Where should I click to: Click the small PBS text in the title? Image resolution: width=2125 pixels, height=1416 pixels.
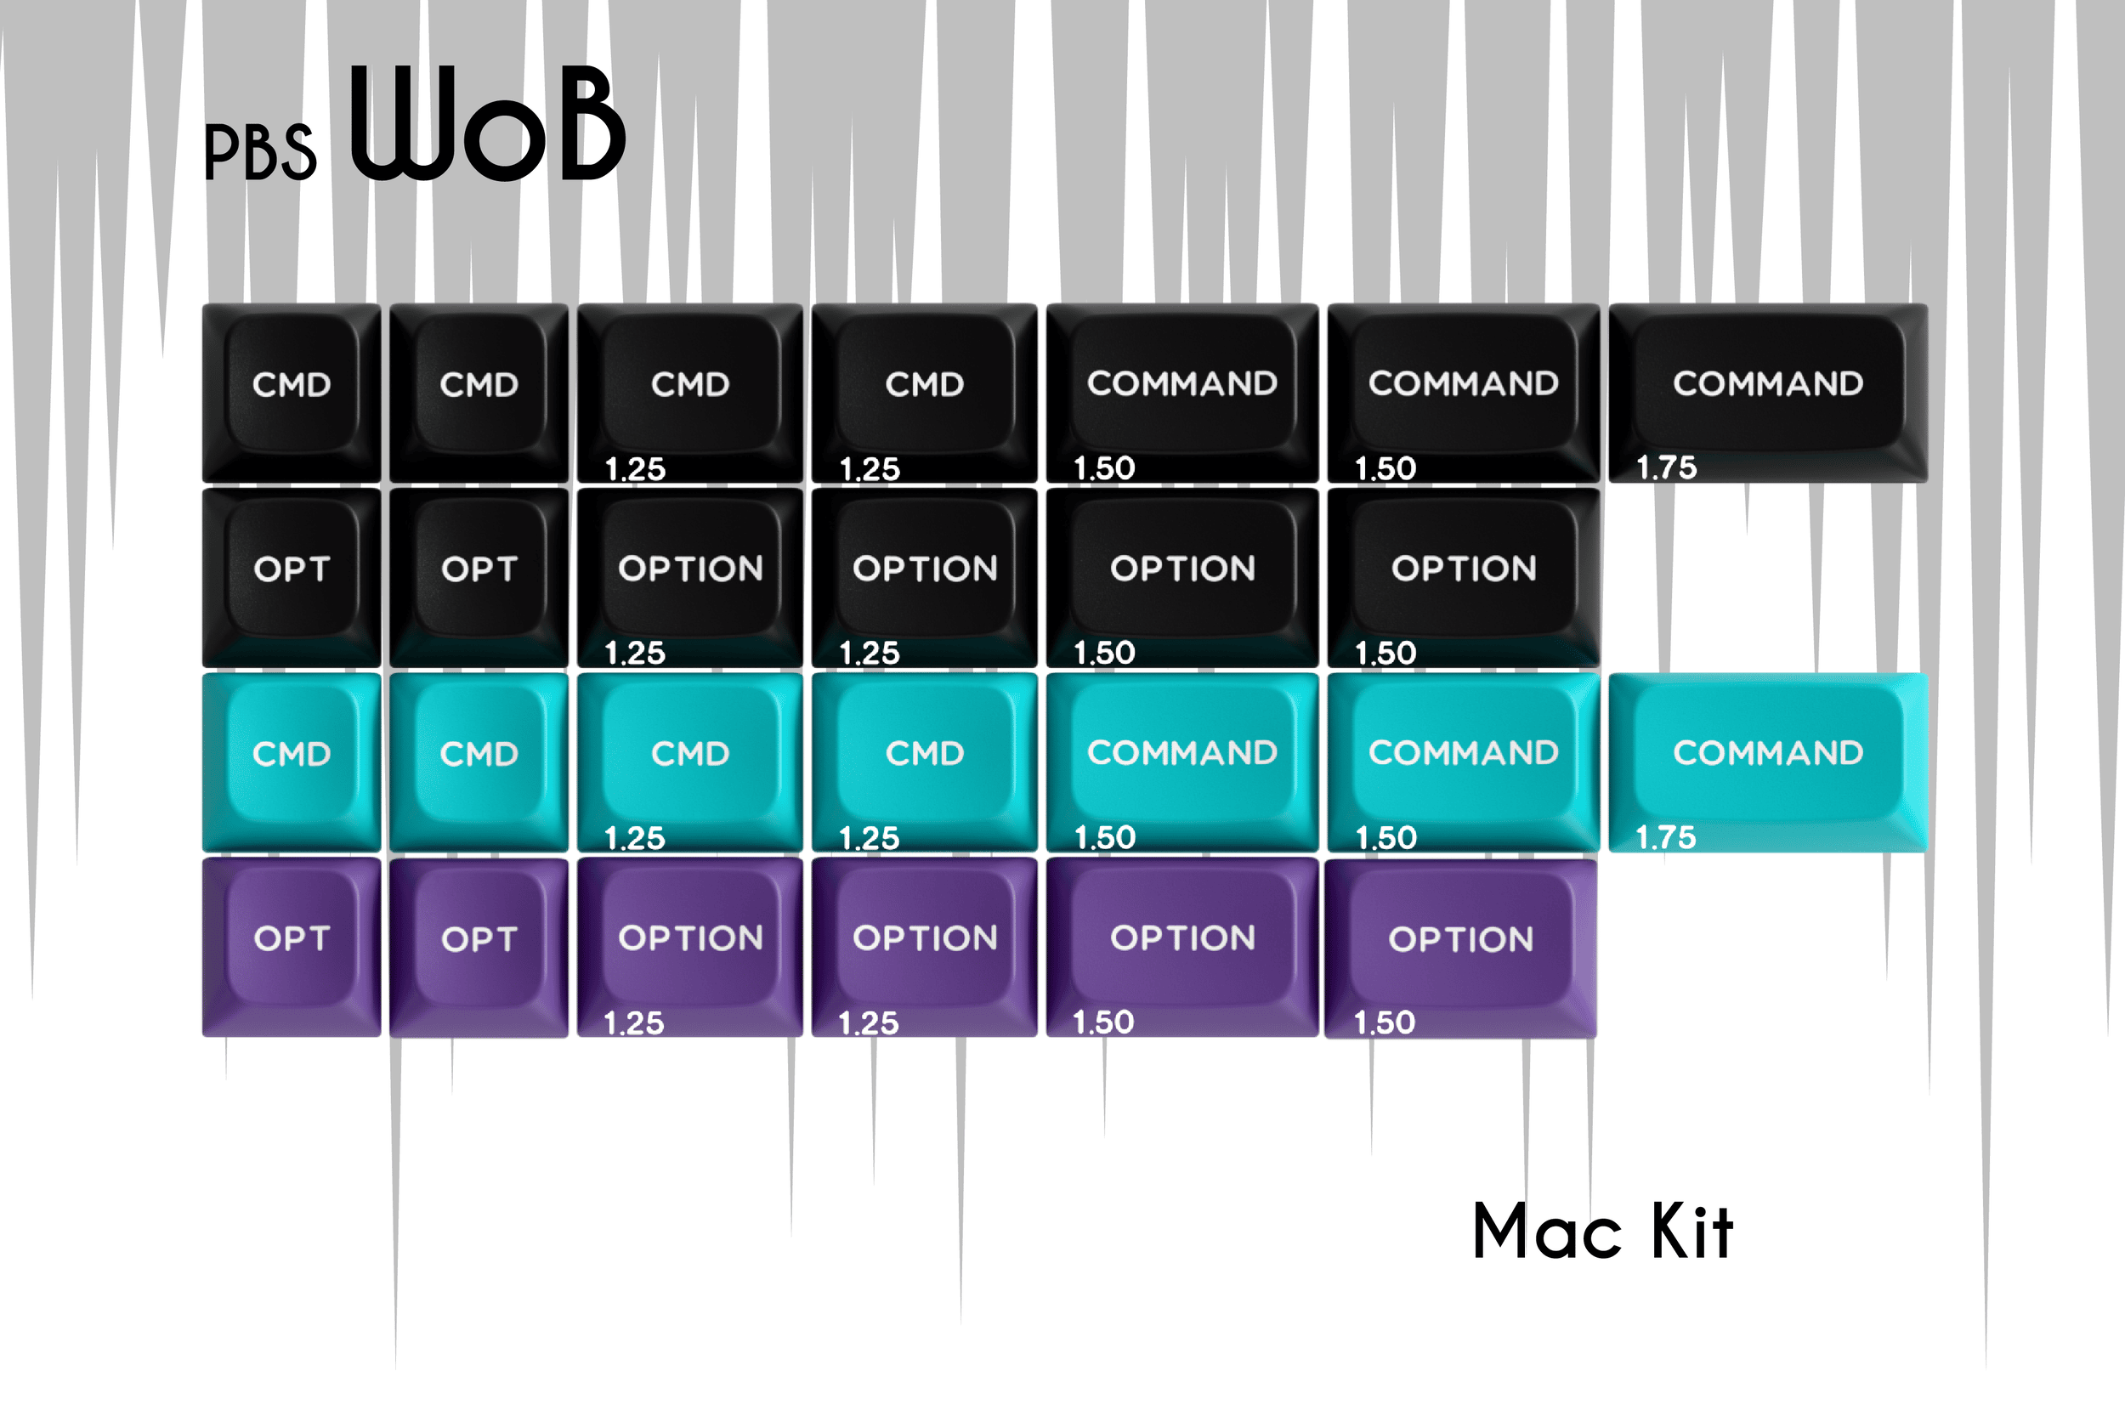point(260,151)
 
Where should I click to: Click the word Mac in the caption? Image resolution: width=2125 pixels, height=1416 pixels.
point(1546,1232)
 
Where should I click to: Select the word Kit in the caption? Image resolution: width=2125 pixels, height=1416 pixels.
point(1691,1232)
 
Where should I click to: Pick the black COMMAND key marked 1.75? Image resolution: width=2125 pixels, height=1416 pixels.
point(1767,393)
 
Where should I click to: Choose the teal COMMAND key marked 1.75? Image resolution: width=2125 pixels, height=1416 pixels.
point(1767,762)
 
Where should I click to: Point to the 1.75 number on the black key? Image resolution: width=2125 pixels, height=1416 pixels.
point(1666,467)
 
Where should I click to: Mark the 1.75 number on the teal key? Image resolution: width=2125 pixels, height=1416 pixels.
point(1666,837)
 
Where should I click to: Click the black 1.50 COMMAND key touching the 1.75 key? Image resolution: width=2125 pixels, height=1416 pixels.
point(1463,393)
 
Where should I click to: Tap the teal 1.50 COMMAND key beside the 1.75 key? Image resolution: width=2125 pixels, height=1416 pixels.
point(1463,762)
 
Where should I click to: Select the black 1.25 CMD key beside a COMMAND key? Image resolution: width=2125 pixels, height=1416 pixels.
point(924,393)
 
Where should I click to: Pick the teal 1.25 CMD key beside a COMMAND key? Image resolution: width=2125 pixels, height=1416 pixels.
point(924,762)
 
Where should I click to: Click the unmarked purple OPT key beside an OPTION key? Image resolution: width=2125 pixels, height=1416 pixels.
point(479,947)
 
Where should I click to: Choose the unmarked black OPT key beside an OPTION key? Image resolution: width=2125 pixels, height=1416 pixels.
point(479,577)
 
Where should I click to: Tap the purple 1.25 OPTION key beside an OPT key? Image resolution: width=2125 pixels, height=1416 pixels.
point(690,947)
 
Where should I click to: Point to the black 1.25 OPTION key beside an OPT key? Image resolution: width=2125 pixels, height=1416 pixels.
point(690,577)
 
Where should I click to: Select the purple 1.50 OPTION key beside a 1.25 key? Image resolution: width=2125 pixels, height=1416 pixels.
point(1182,947)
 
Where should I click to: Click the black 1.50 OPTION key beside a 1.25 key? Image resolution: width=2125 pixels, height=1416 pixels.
point(1182,577)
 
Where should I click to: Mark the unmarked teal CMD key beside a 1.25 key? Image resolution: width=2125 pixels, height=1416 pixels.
point(479,762)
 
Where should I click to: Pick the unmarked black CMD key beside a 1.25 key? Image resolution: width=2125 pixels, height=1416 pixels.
point(479,393)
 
